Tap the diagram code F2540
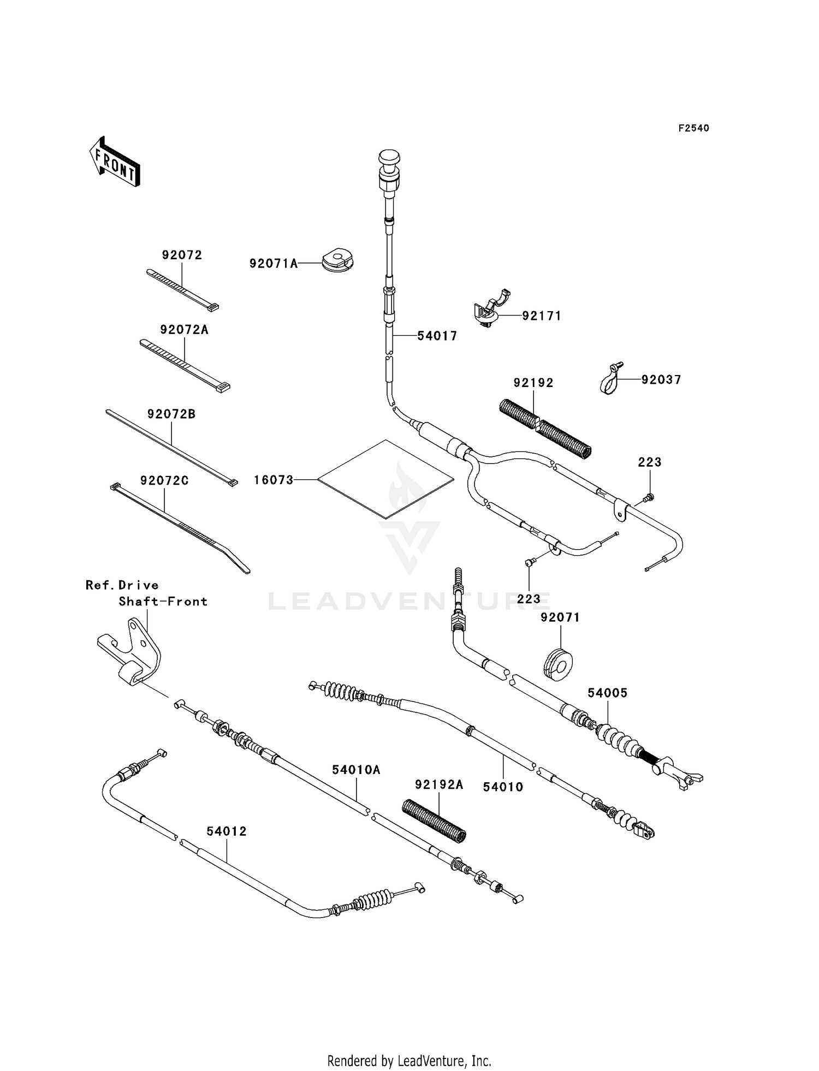[693, 128]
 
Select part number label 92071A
[274, 264]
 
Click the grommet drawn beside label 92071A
[338, 259]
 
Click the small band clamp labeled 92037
[608, 379]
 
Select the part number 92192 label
[533, 383]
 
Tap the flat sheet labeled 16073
[385, 479]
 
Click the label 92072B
[171, 414]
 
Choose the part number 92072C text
[164, 481]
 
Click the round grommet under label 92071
[557, 664]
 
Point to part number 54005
[607, 693]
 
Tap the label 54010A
[356, 770]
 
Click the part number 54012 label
[227, 831]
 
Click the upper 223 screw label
[649, 462]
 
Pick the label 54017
[437, 336]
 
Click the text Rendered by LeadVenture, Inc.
[409, 1061]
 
